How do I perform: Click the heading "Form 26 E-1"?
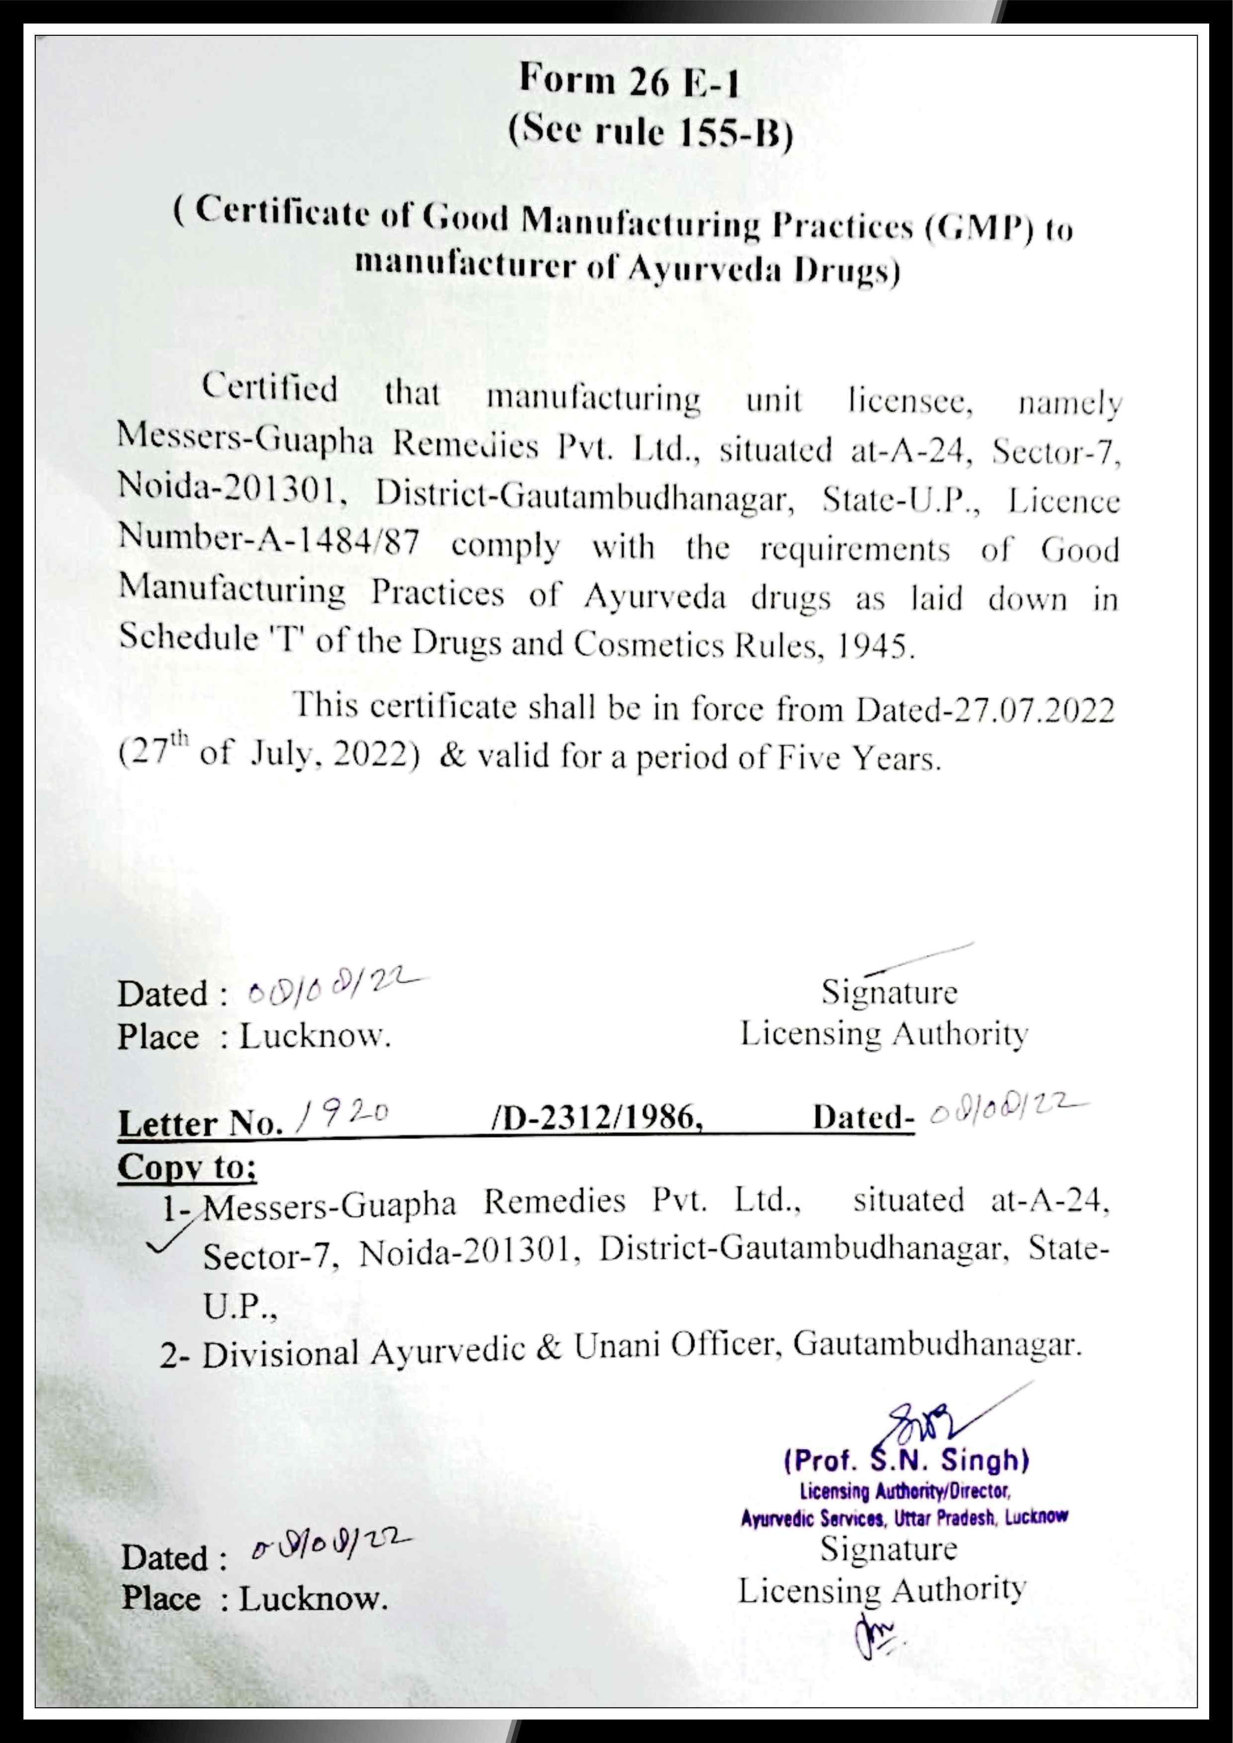pos(629,81)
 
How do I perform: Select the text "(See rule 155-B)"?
pos(650,134)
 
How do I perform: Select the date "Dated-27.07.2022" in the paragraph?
pos(985,711)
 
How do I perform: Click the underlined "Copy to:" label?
pos(187,1167)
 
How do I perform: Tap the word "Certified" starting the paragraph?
pos(269,388)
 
